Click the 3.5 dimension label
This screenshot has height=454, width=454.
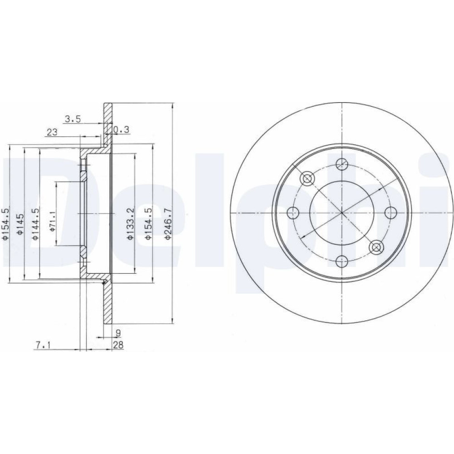(x=72, y=119)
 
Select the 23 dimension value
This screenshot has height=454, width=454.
(x=52, y=132)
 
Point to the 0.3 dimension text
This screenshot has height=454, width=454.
(x=121, y=130)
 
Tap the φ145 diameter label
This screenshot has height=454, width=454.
(x=20, y=224)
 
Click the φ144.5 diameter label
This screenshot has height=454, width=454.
(x=35, y=224)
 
